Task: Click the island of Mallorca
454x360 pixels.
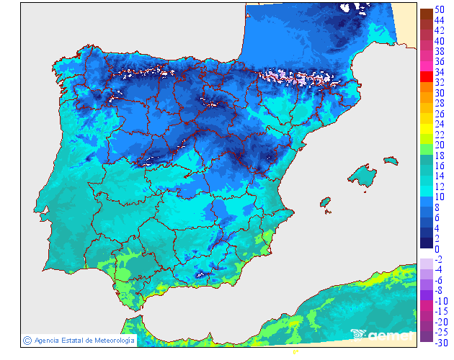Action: pos(362,175)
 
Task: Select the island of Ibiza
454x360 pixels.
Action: pos(325,201)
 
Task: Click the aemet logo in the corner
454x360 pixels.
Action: pos(382,334)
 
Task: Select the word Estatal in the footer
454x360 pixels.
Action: pos(76,340)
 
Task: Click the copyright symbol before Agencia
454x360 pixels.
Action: pos(27,340)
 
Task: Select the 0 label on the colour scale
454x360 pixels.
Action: pos(437,249)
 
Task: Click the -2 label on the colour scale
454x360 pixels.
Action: pos(438,259)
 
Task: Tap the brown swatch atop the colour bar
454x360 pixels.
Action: pos(426,13)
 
